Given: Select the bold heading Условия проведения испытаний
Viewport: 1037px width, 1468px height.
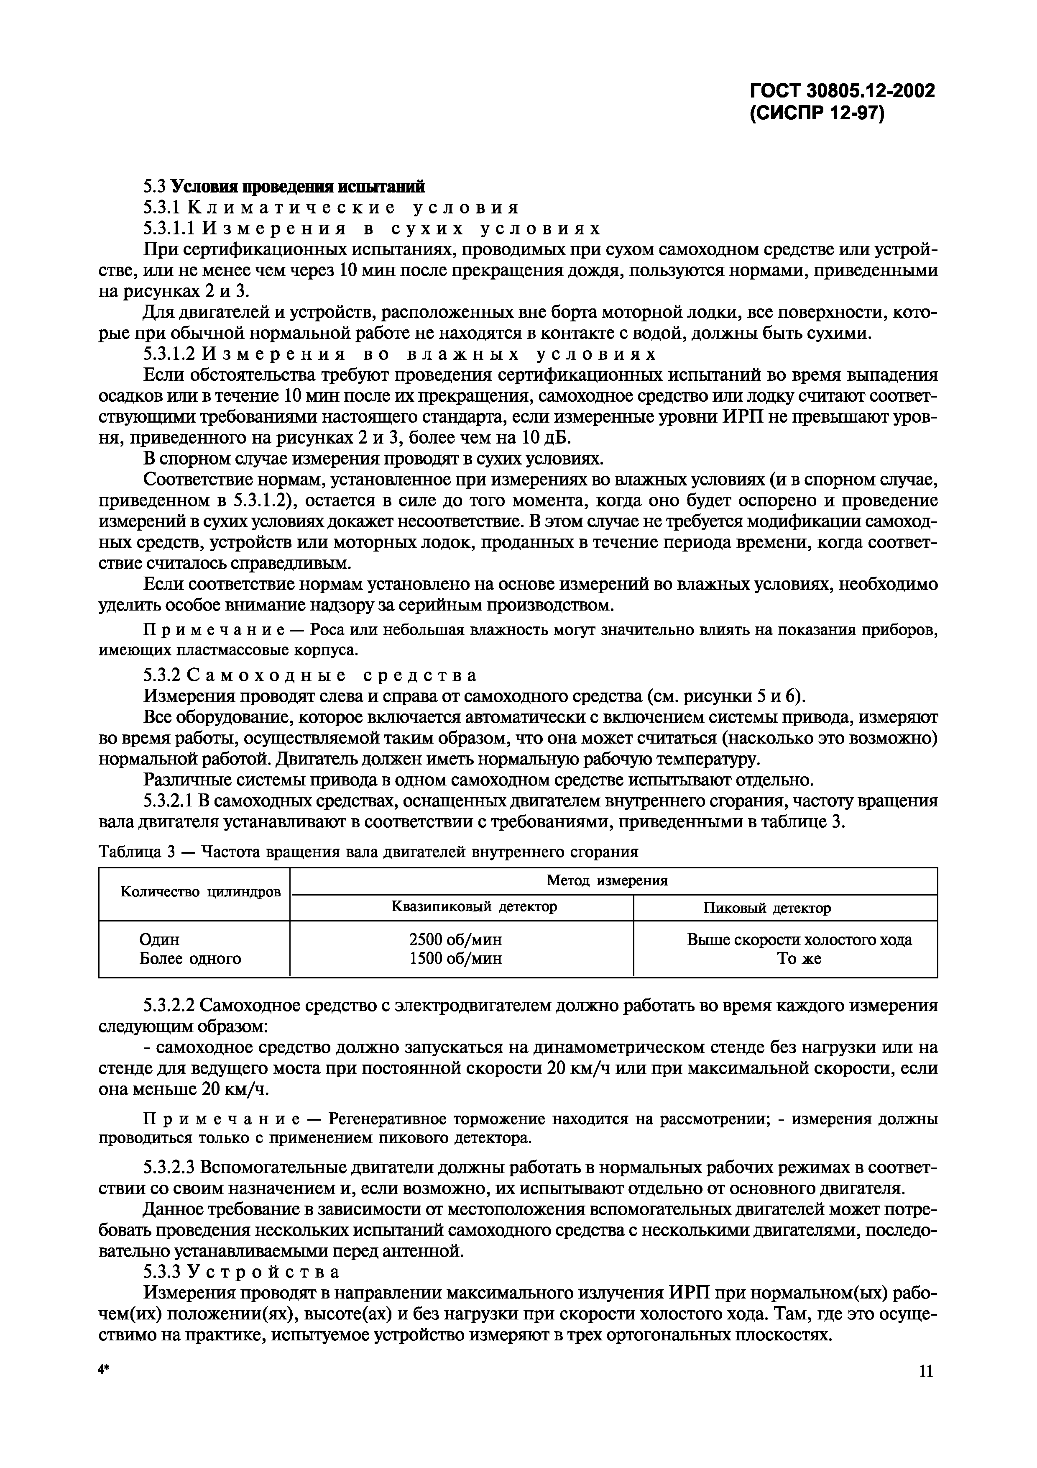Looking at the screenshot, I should tap(299, 187).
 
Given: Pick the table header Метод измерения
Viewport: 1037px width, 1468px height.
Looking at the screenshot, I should tap(607, 880).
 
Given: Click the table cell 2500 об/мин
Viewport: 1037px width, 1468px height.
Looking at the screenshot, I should tap(455, 939).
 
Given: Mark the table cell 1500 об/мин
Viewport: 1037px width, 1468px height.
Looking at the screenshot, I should tap(455, 958).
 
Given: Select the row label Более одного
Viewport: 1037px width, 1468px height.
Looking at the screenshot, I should tap(190, 958).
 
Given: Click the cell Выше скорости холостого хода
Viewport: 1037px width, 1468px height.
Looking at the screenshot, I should tap(799, 939).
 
